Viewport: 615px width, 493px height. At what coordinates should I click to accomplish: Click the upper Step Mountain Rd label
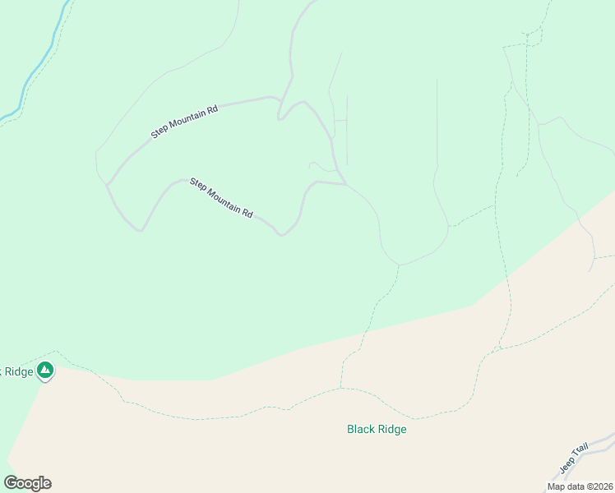pos(184,122)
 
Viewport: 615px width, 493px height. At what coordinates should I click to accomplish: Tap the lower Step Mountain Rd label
pos(220,197)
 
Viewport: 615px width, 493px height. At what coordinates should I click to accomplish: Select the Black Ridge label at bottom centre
pos(377,429)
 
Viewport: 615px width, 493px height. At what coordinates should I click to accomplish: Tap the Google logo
pos(27,483)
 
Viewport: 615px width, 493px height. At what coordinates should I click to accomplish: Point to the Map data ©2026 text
pos(580,486)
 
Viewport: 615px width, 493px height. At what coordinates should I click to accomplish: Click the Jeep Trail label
pos(575,458)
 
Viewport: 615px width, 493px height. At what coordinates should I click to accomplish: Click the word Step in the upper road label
pos(159,132)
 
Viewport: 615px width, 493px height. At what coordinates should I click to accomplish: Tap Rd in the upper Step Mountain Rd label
pos(212,109)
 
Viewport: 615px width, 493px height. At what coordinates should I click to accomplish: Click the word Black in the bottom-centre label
pos(360,429)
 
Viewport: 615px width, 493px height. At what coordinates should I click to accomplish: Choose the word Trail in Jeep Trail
pos(580,451)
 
